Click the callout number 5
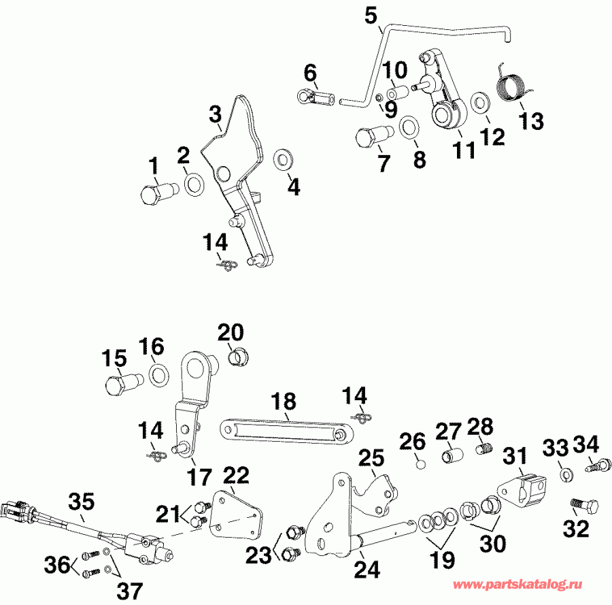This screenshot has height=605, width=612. (371, 14)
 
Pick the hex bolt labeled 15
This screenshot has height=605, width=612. (119, 387)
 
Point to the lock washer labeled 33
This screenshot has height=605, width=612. (566, 472)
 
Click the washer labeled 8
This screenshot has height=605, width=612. (409, 127)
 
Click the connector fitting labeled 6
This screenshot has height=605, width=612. (314, 98)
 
